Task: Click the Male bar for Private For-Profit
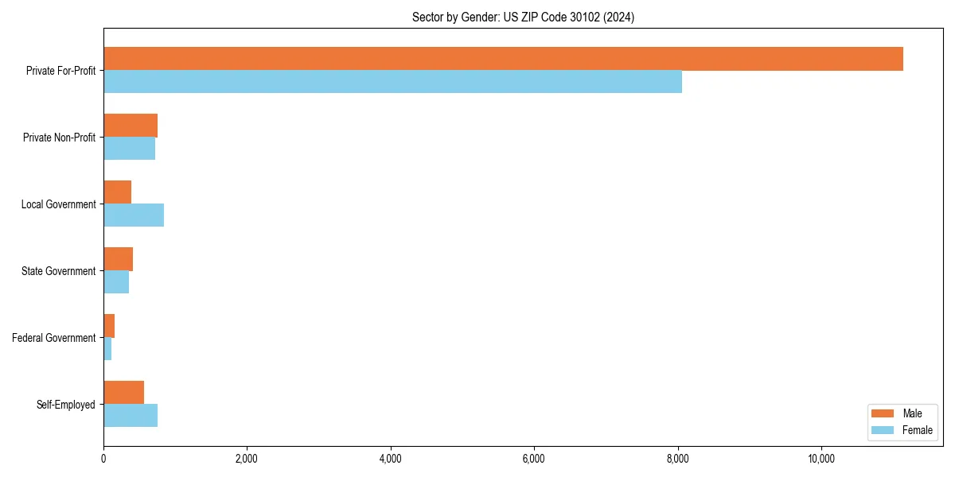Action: [503, 59]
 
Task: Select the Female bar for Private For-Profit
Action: [392, 82]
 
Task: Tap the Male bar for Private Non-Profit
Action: [131, 126]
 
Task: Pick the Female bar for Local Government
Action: [134, 215]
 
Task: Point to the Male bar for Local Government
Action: [117, 192]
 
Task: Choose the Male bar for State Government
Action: [118, 259]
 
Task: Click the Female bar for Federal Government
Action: [107, 349]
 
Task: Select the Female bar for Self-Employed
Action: [131, 416]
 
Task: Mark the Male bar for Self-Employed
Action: [123, 393]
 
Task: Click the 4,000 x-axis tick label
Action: [390, 458]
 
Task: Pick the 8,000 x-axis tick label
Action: [677, 458]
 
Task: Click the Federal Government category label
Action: [54, 338]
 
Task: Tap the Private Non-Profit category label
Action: [59, 138]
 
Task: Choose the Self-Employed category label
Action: [66, 405]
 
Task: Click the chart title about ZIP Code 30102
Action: [523, 17]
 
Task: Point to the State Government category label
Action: [58, 271]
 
